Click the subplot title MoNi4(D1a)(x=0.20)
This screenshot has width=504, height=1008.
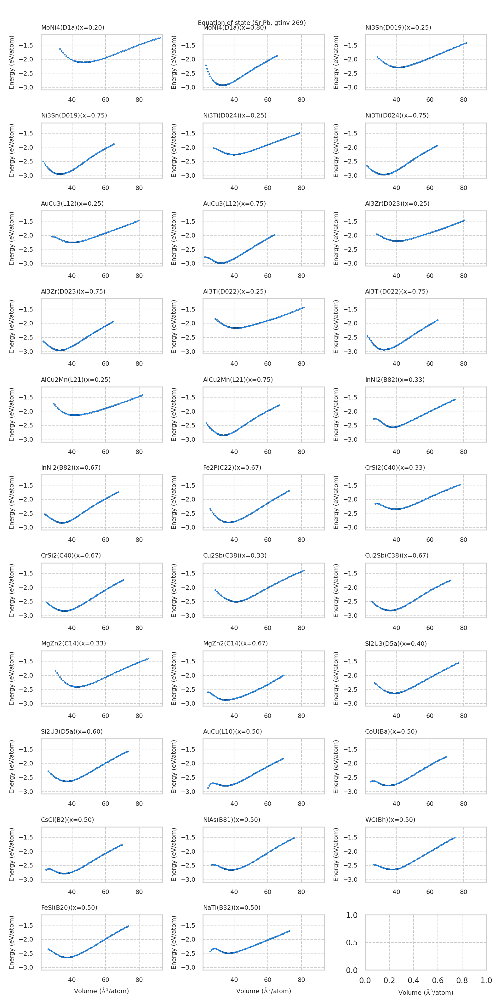[72, 27]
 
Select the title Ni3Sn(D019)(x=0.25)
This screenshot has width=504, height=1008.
[398, 27]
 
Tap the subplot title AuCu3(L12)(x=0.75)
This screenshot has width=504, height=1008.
[234, 203]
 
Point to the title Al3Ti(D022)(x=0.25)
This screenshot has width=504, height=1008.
[234, 291]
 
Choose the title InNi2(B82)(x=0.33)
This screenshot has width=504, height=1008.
[394, 380]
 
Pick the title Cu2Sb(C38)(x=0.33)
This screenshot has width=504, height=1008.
[234, 555]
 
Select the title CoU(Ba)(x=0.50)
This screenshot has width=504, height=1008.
[391, 731]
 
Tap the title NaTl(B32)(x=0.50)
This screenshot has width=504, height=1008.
[231, 908]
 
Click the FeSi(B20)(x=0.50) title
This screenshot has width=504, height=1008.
[69, 908]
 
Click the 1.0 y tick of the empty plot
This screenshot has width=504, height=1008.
[352, 915]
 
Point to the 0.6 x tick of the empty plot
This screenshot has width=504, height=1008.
[438, 980]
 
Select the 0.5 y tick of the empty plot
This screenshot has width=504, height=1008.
[352, 943]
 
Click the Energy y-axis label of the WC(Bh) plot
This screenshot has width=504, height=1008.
[336, 855]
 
